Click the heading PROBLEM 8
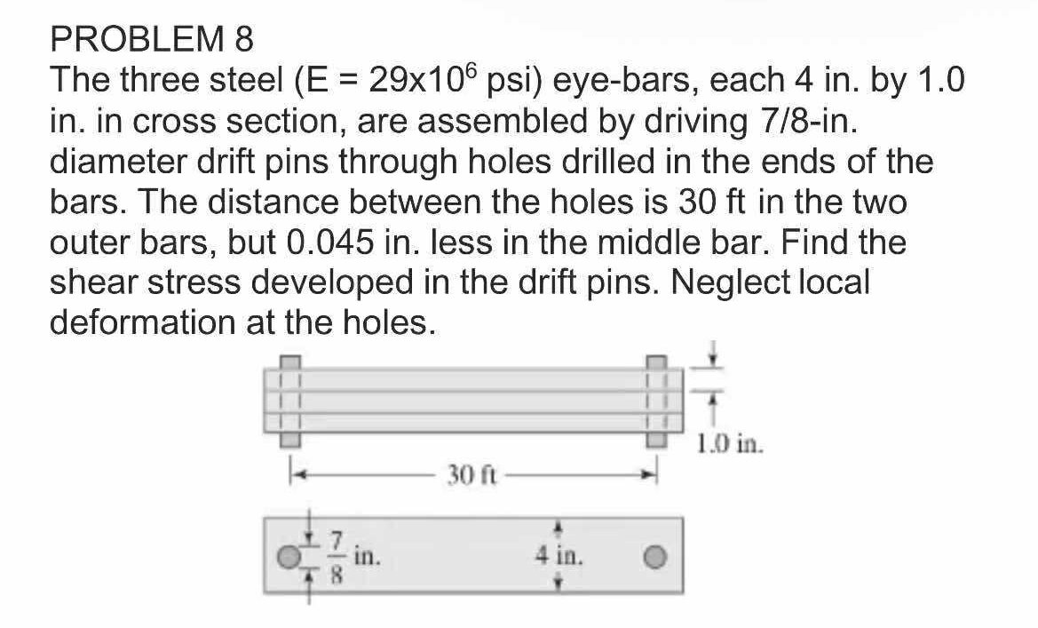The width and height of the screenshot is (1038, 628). pyautogui.click(x=152, y=39)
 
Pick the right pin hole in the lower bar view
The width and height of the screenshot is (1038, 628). pyautogui.click(x=654, y=557)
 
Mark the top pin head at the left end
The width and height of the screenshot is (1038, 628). pyautogui.click(x=290, y=362)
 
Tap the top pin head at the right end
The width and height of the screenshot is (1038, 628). pyautogui.click(x=654, y=362)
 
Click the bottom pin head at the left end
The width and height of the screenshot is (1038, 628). pyautogui.click(x=290, y=437)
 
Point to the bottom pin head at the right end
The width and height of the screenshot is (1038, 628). pyautogui.click(x=654, y=437)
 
